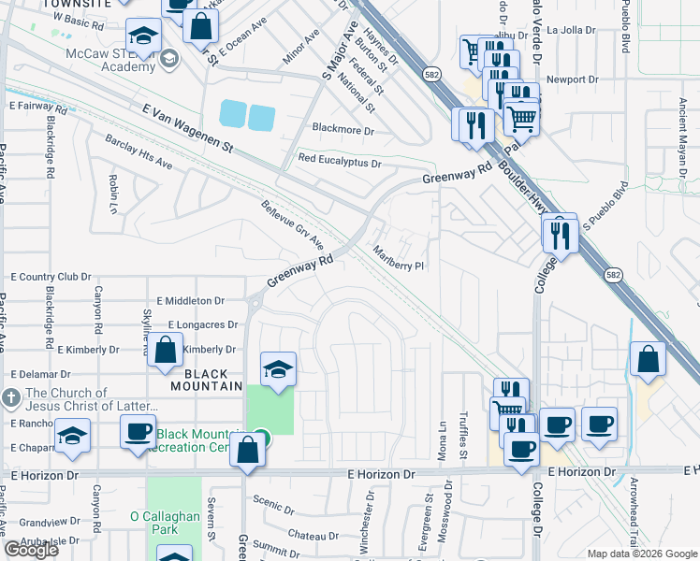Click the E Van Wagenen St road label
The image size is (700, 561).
tap(186, 128)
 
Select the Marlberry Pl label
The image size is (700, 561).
tap(399, 259)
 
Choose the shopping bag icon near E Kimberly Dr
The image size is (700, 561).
tap(165, 352)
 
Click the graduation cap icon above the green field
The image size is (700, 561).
tap(278, 369)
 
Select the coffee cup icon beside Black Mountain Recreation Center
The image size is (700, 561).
tap(139, 431)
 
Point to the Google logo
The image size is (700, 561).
tap(31, 549)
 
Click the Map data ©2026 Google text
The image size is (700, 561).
tap(640, 553)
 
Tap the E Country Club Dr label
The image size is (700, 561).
tap(51, 277)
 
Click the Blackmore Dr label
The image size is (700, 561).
tap(343, 131)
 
